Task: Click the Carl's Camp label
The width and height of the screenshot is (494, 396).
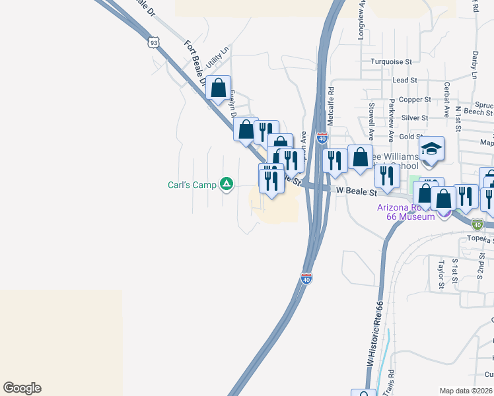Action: pos(191,185)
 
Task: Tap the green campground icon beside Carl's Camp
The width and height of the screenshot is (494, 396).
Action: pos(226,184)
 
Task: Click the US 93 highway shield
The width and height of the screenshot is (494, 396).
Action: pos(153,42)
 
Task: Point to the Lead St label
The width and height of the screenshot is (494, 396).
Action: pos(404,80)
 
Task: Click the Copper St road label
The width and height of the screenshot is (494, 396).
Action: pos(415,100)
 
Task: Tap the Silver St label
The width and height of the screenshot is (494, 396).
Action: pos(414,118)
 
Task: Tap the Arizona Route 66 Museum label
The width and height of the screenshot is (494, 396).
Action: pos(406,211)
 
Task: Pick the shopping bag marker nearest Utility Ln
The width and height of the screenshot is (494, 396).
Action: pos(219,88)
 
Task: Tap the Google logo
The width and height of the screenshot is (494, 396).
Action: pos(22,388)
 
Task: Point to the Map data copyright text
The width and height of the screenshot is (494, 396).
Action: pos(466,391)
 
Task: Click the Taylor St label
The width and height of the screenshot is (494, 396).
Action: pos(442,269)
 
